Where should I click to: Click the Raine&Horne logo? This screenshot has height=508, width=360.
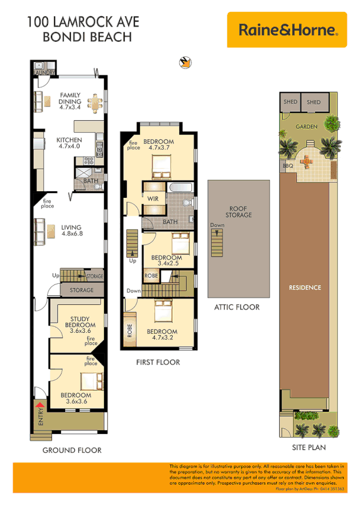click(288, 29)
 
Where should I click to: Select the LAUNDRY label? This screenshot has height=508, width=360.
click(44, 73)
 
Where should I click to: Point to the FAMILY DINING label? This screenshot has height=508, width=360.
click(70, 102)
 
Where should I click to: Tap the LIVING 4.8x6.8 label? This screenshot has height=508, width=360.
click(71, 231)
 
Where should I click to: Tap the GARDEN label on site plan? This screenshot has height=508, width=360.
click(307, 127)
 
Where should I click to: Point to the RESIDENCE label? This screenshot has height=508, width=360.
click(305, 287)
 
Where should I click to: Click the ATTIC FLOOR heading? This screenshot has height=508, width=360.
click(237, 307)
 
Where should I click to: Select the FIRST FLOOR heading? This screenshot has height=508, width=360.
click(158, 362)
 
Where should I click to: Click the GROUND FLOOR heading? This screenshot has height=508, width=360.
click(72, 450)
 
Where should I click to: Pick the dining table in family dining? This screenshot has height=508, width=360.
click(94, 103)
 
